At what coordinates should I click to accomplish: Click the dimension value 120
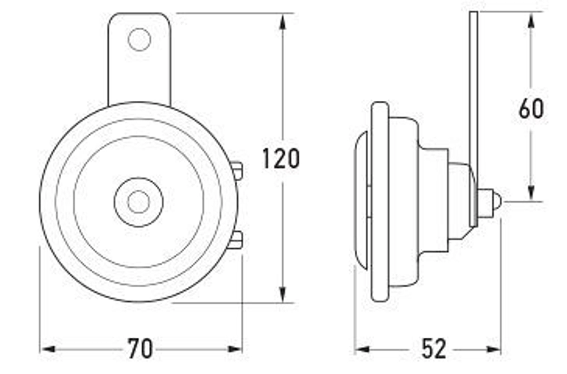click(x=281, y=159)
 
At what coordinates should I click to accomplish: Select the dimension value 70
click(x=140, y=348)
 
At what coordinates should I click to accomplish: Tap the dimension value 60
click(x=531, y=109)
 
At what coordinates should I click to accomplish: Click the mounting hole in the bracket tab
click(x=139, y=40)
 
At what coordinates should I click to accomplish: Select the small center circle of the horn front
click(x=138, y=201)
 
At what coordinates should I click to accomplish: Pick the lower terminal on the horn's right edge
click(x=237, y=240)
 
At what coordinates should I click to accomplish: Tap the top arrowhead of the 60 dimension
click(x=531, y=20)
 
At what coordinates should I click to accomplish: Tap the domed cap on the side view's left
click(x=363, y=201)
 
